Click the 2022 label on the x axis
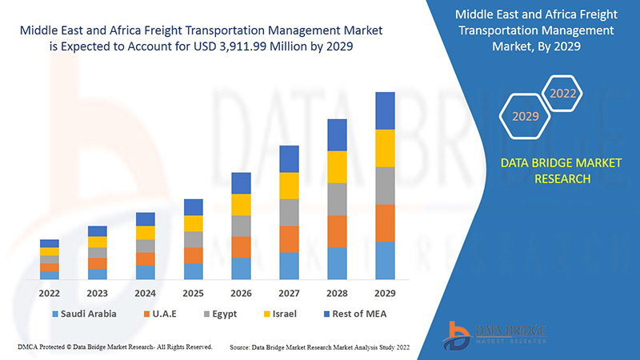pyautogui.click(x=50, y=293)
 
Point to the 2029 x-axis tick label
pyautogui.click(x=385, y=293)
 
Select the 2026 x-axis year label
pyautogui.click(x=241, y=293)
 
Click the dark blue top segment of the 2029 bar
pyautogui.click(x=385, y=110)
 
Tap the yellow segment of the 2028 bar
pyautogui.click(x=337, y=166)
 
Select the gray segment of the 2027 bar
pyautogui.click(x=289, y=212)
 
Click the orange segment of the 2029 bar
pyautogui.click(x=385, y=223)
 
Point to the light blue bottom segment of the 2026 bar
pyautogui.click(x=241, y=269)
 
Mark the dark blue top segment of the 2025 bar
pyautogui.click(x=193, y=207)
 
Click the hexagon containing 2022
pyautogui.click(x=562, y=94)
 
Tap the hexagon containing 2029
pyautogui.click(x=526, y=116)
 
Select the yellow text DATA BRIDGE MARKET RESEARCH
pyautogui.click(x=560, y=170)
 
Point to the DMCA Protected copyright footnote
pyautogui.click(x=114, y=346)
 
